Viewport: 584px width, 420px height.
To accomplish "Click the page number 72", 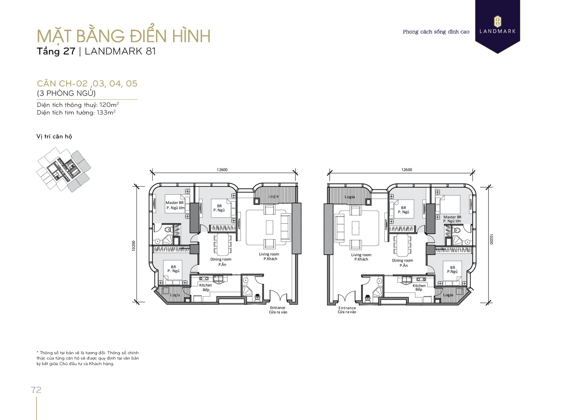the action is pyautogui.click(x=36, y=390).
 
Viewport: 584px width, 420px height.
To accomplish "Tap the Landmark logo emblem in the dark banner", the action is pyautogui.click(x=497, y=22).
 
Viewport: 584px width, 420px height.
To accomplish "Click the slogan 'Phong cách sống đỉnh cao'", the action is pyautogui.click(x=436, y=32).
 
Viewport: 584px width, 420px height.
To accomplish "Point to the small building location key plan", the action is pyautogui.click(x=64, y=170).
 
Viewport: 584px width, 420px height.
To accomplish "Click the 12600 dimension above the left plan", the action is pyautogui.click(x=222, y=170).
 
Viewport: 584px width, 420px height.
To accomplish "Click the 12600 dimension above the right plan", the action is pyautogui.click(x=407, y=170).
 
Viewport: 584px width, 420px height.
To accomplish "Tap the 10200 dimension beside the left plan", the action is pyautogui.click(x=133, y=246).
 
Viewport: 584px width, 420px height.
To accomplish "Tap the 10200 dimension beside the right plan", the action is pyautogui.click(x=491, y=239).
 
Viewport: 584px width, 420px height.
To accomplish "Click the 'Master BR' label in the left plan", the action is pyautogui.click(x=175, y=203).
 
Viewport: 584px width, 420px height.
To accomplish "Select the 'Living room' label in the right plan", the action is pyautogui.click(x=361, y=255).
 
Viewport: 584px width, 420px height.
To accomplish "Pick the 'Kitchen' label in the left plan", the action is pyautogui.click(x=205, y=285).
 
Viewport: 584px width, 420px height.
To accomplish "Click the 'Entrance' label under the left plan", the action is pyautogui.click(x=278, y=308).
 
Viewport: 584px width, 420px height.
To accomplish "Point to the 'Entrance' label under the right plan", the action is pyautogui.click(x=347, y=308).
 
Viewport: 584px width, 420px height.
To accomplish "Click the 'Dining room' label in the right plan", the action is pyautogui.click(x=402, y=261).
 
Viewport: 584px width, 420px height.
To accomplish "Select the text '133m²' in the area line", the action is pyautogui.click(x=106, y=112).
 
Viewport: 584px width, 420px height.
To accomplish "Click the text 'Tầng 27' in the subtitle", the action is pyautogui.click(x=56, y=51).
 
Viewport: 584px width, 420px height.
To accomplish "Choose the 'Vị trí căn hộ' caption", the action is pyautogui.click(x=54, y=136).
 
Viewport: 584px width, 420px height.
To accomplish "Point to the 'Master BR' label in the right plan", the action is pyautogui.click(x=452, y=217).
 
